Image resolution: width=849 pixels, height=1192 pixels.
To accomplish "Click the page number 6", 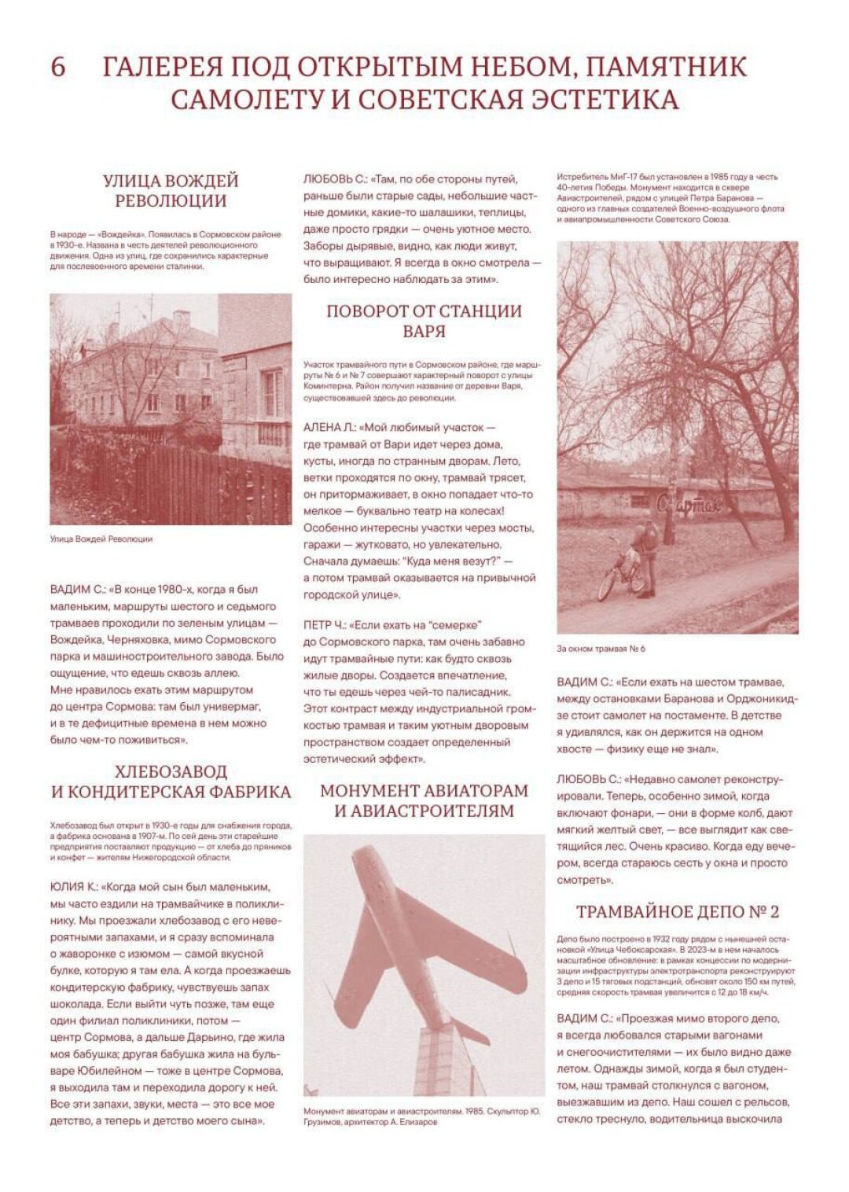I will tap(58, 68).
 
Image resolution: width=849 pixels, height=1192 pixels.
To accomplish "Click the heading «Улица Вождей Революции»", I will tap(171, 191).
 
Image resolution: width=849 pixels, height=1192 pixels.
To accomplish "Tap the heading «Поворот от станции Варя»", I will tap(424, 321).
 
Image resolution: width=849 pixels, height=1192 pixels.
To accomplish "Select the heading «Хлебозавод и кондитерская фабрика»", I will tap(171, 781).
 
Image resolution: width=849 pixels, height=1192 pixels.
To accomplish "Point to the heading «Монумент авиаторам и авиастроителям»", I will tap(424, 800).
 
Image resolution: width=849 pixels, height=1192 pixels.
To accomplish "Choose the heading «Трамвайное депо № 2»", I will tap(677, 911).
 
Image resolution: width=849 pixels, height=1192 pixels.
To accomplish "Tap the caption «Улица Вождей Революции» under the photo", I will tap(101, 539).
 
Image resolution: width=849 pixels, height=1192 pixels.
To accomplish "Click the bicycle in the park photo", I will tap(620, 575).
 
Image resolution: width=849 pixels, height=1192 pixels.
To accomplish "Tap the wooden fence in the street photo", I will tap(189, 484).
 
